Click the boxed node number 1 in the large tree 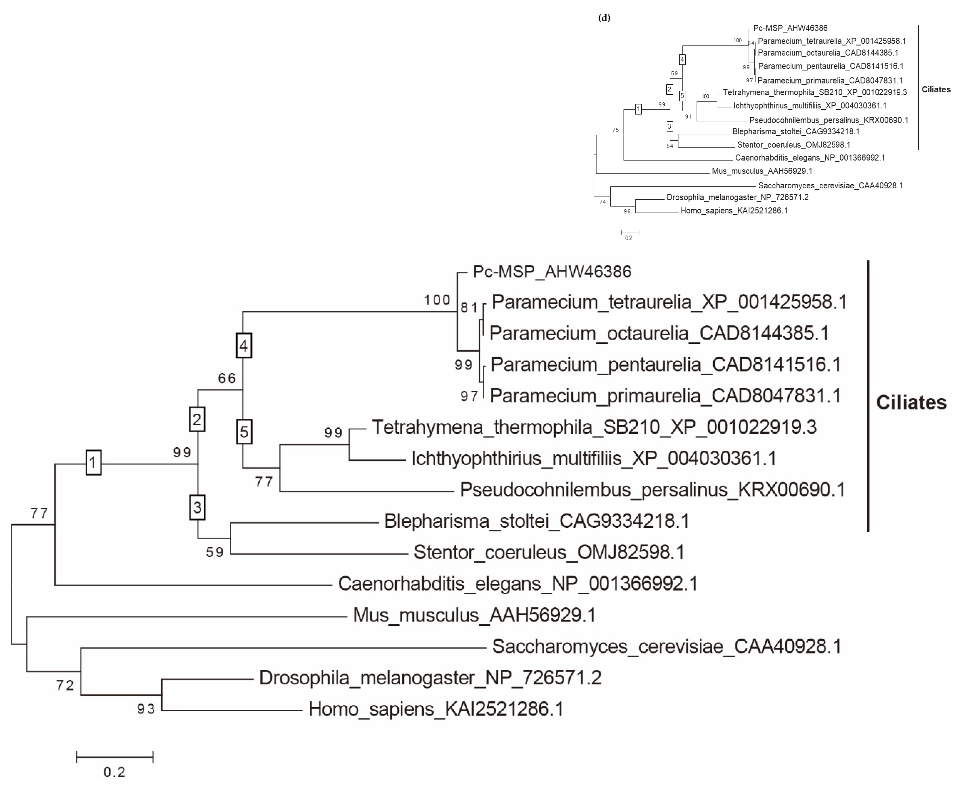(x=94, y=462)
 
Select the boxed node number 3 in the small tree (x=670, y=126)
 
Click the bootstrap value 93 (x=146, y=709)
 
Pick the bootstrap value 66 (x=227, y=378)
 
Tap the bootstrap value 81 (x=469, y=308)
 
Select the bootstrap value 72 (x=65, y=685)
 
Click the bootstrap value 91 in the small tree (x=688, y=117)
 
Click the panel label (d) (x=604, y=18)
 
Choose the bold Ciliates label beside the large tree (x=911, y=402)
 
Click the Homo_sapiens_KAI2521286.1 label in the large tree (x=436, y=709)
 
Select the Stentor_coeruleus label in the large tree (x=549, y=552)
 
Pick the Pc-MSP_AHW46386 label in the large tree (x=552, y=272)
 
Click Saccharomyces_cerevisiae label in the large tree (x=666, y=646)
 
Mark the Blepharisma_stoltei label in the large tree (x=537, y=521)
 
